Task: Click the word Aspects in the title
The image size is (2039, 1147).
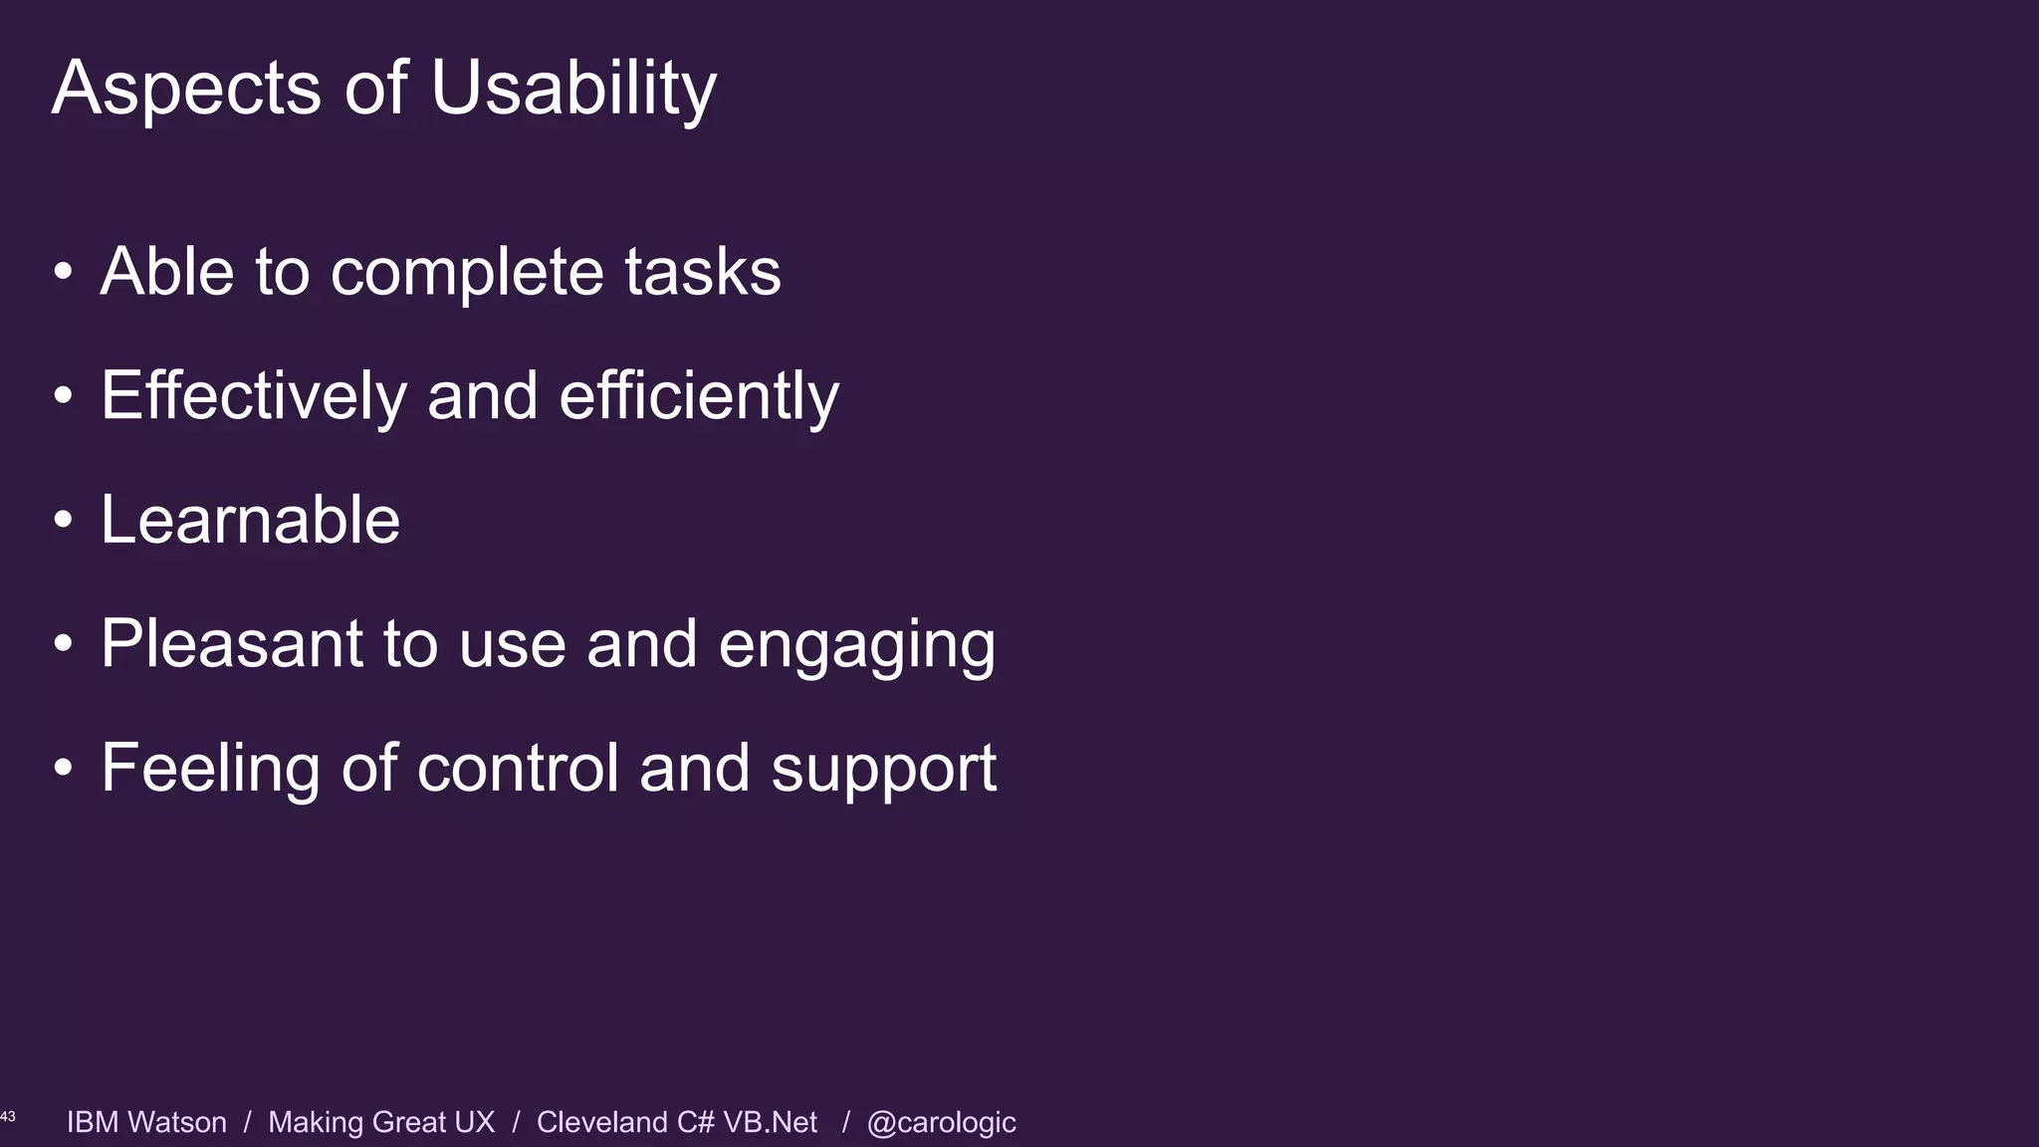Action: tap(186, 88)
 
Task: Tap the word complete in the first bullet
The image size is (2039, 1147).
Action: tap(466, 273)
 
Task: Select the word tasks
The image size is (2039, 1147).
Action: tap(702, 271)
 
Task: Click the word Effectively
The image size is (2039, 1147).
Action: tap(254, 395)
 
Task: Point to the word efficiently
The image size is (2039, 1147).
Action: tap(699, 395)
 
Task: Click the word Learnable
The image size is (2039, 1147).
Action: tap(250, 520)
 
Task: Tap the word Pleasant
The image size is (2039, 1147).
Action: tap(231, 643)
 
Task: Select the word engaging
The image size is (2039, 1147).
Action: tap(856, 645)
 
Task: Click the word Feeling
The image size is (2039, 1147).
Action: tap(210, 769)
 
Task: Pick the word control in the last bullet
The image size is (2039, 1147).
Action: tap(518, 769)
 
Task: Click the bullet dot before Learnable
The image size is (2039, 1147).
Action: tap(64, 520)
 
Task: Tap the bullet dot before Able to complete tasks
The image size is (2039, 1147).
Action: tap(64, 272)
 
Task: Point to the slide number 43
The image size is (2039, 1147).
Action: tap(8, 1117)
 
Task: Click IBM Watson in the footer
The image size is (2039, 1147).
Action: tap(146, 1122)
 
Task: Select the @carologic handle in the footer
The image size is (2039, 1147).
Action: tap(941, 1123)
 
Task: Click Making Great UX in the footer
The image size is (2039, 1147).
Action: tap(381, 1122)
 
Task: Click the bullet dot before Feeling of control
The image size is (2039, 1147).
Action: tap(64, 768)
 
